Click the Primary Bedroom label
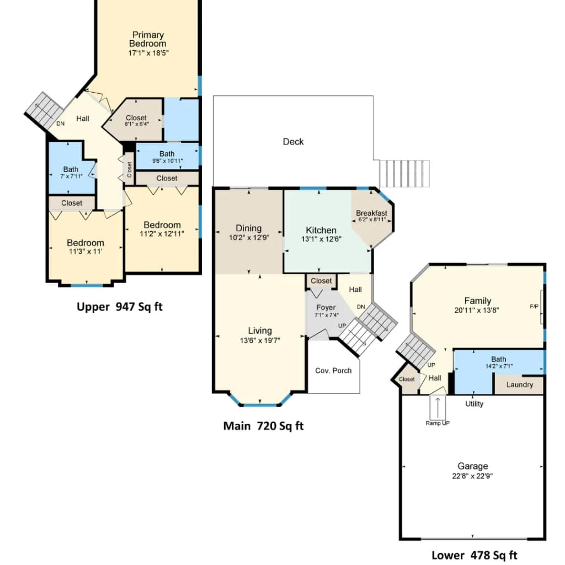point(148,39)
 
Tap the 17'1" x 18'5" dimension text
point(148,53)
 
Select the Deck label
point(293,142)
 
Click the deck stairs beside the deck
point(404,174)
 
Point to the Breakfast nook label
point(371,213)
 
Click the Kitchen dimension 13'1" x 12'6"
point(321,239)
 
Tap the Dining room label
point(249,228)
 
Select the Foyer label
point(326,307)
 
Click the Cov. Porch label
point(333,370)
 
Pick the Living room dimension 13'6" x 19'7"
point(260,340)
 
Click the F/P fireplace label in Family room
point(534,306)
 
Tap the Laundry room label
point(520,385)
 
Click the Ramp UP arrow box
point(438,408)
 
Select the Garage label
point(473,466)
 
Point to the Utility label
point(474,404)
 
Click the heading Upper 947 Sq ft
point(120,307)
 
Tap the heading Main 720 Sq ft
point(263,426)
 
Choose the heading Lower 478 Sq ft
point(474,555)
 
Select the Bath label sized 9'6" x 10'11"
point(167,154)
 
